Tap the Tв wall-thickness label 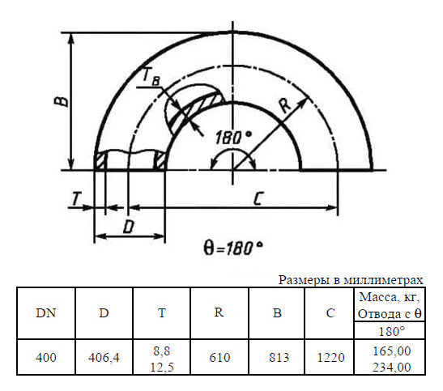click(x=149, y=77)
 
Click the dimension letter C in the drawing click(x=257, y=200)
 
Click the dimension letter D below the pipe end click(x=128, y=227)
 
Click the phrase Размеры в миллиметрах click(x=351, y=280)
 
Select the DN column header click(x=46, y=313)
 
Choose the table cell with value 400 click(x=46, y=357)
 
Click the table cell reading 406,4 click(x=104, y=357)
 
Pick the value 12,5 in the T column click(x=162, y=367)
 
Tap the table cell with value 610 click(x=219, y=357)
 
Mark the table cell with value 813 click(x=277, y=357)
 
